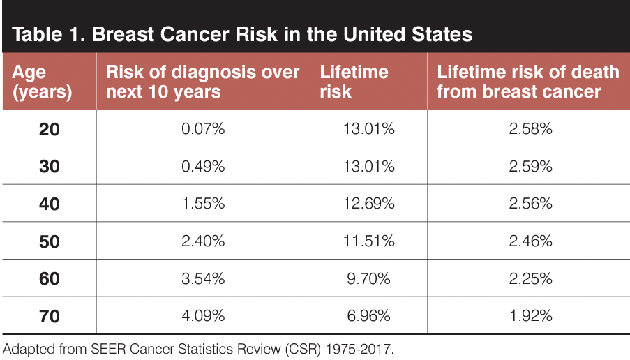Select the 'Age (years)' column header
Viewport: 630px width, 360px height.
pos(43,82)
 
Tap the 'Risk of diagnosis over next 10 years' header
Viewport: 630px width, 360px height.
pos(202,82)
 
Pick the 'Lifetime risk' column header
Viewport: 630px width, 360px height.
pos(354,82)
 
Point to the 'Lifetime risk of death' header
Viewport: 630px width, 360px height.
pos(527,82)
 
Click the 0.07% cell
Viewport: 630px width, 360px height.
pos(203,129)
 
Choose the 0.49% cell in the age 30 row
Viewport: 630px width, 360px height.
pos(203,167)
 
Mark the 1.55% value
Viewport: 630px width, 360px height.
pos(203,204)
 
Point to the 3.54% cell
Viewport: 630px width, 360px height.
pos(203,278)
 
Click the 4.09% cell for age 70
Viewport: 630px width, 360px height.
pos(203,316)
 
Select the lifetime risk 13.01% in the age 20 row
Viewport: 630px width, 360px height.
pos(368,129)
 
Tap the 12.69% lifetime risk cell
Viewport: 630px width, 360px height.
pos(368,204)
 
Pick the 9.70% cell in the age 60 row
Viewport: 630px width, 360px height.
pos(368,278)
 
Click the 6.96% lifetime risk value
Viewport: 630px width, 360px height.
pos(368,316)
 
